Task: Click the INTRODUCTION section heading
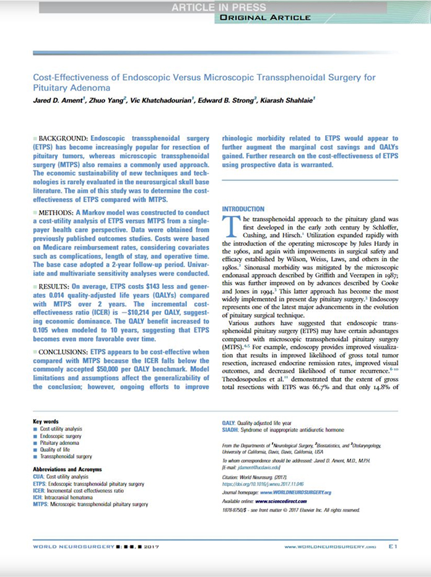pyautogui.click(x=243, y=209)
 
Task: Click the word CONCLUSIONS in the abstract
pyautogui.click(x=61, y=351)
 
